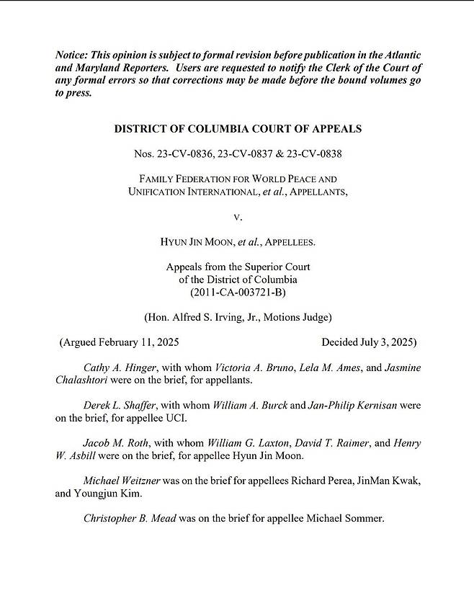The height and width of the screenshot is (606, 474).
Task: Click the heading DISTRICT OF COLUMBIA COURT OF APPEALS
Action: pos(238,129)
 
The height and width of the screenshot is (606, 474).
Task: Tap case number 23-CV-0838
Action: pos(313,153)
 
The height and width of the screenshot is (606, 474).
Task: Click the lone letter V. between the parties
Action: pos(238,216)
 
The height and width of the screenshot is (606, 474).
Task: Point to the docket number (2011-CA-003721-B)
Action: pos(238,292)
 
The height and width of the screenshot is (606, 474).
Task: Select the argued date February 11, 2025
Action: pos(140,342)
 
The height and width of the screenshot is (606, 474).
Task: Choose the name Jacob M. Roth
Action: pos(115,443)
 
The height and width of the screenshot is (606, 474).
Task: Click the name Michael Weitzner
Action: pos(122,481)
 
